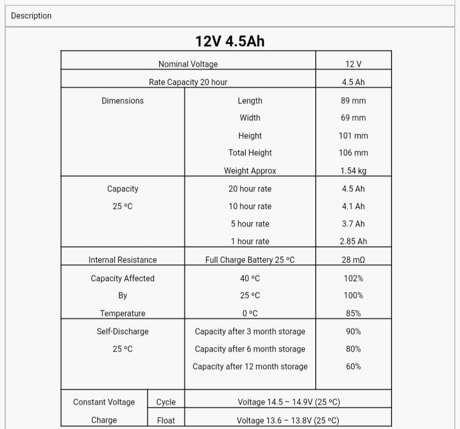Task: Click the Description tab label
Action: [31, 16]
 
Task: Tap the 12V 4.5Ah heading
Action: [230, 41]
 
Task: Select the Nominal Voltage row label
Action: [188, 64]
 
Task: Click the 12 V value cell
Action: [353, 64]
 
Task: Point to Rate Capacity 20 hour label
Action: [188, 82]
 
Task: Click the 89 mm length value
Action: [353, 100]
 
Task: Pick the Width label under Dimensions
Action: [250, 118]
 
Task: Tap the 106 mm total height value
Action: [353, 153]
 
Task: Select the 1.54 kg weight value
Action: [353, 170]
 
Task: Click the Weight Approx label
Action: [250, 170]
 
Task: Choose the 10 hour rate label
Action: [250, 207]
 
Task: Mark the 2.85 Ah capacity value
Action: [353, 241]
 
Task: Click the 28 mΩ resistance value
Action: [353, 260]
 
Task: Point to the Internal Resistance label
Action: [123, 260]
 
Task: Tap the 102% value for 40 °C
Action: [353, 279]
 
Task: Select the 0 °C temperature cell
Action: [250, 313]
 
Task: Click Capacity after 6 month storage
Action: [250, 349]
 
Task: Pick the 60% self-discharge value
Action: [353, 367]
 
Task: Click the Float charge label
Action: [166, 420]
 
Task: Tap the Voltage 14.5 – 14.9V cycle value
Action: [288, 402]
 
